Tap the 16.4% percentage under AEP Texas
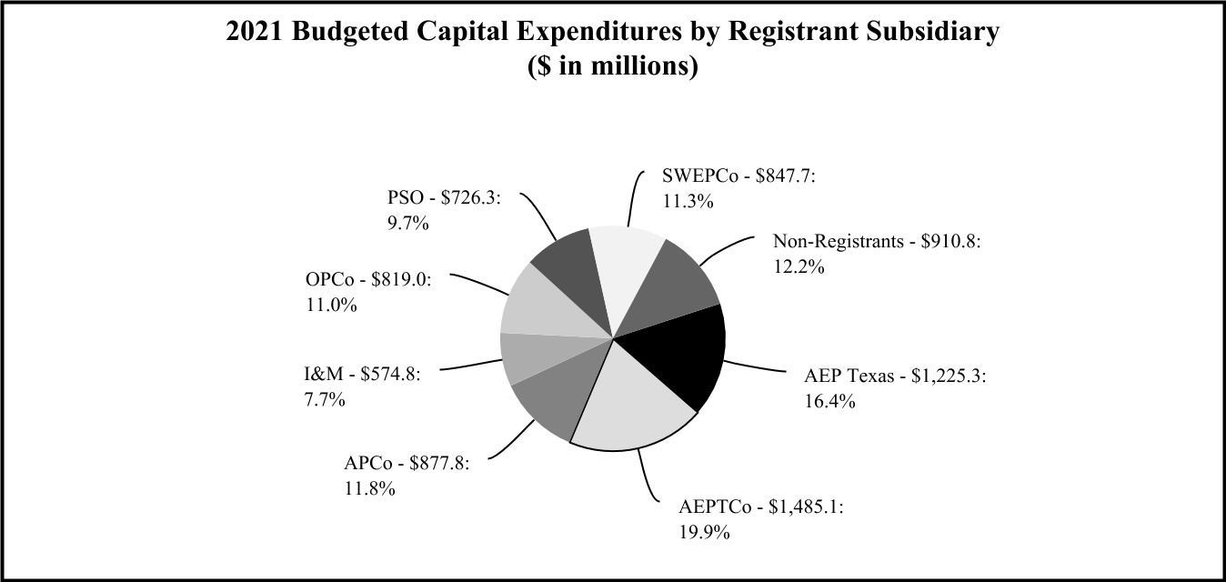[829, 401]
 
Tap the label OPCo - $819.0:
[369, 280]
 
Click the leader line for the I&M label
[473, 366]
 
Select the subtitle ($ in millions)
[612, 66]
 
